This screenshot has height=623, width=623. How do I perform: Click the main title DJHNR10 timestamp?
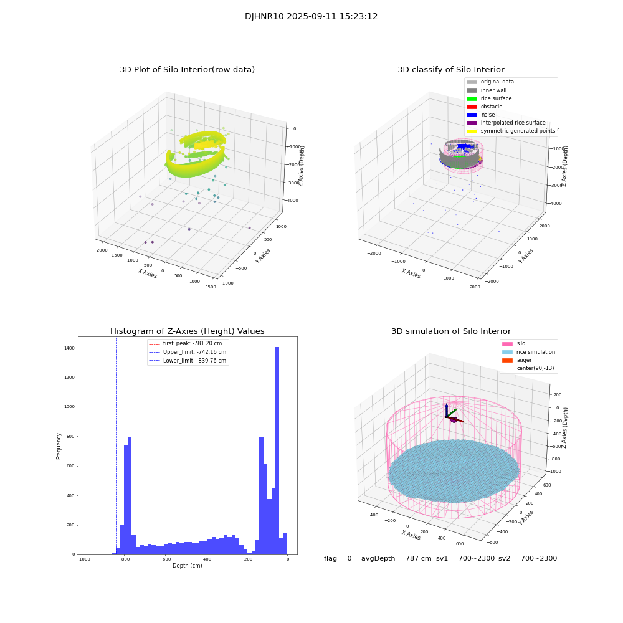pos(311,17)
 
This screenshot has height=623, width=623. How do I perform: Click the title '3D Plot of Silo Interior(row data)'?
pos(187,70)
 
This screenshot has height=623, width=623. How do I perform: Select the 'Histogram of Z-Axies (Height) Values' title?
pos(187,331)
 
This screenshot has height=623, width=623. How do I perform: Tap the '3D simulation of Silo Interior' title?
pos(450,331)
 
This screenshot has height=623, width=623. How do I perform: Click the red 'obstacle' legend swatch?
pos(472,107)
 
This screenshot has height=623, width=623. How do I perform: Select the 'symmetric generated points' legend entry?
pos(517,131)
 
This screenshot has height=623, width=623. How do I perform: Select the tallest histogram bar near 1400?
pos(277,449)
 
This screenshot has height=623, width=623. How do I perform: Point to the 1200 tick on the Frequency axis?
pos(68,378)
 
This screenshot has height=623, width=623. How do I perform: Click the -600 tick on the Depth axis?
pos(164,559)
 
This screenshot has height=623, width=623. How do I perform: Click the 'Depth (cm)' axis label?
pos(187,566)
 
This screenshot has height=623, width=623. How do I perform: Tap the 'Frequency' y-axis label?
pos(59,445)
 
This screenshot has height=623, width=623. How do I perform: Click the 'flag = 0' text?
pos(338,559)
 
